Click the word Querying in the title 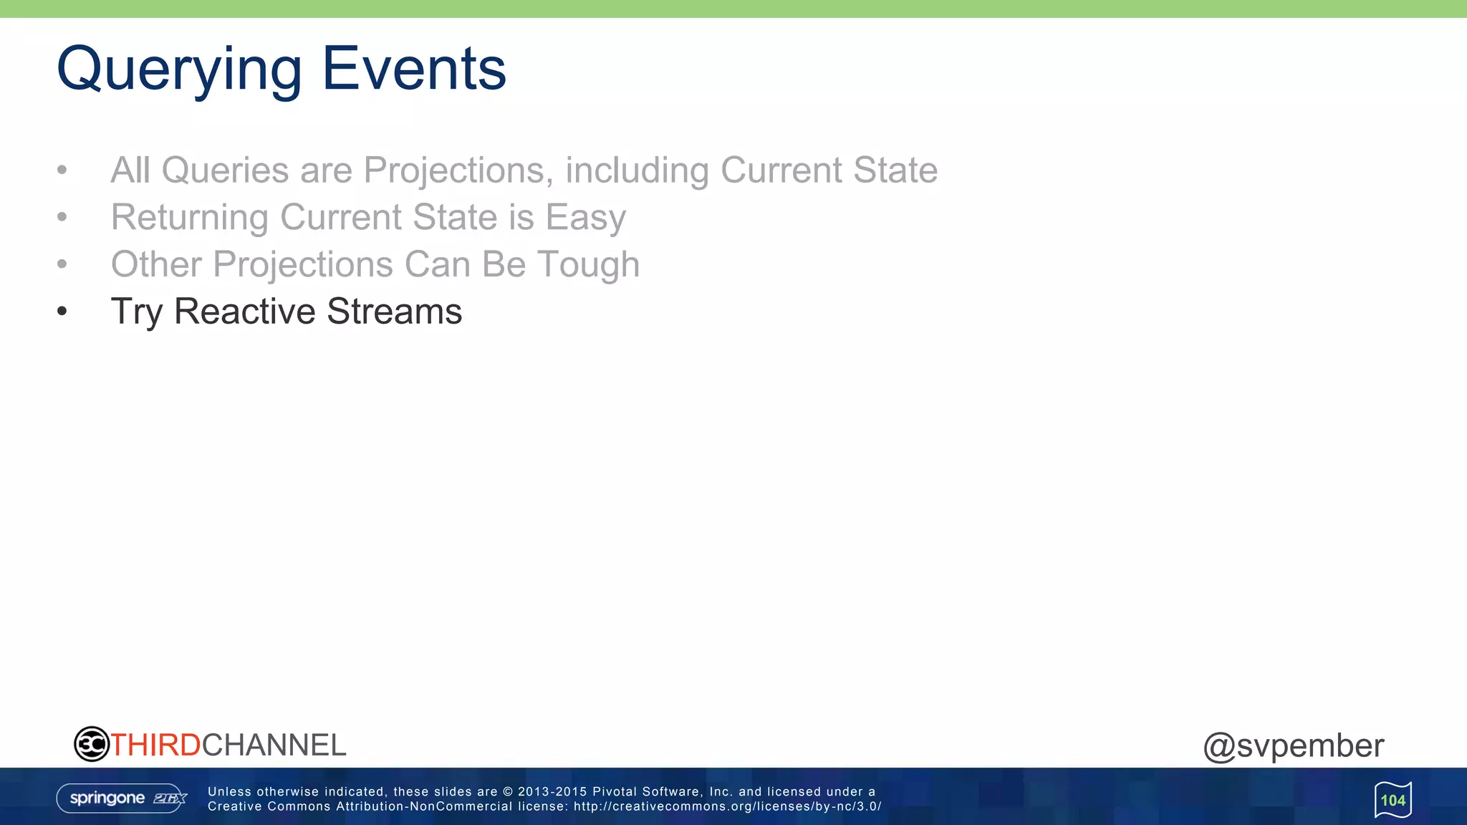[x=179, y=69]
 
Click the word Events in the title [x=414, y=69]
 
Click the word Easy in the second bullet [x=585, y=218]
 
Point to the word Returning [x=189, y=218]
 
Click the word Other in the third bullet [x=156, y=264]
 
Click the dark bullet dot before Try [x=62, y=312]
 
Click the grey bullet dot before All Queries [x=62, y=170]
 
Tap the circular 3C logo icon [x=92, y=744]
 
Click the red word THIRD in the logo [x=155, y=746]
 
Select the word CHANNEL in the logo [x=274, y=746]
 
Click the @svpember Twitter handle [x=1293, y=746]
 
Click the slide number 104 [x=1393, y=800]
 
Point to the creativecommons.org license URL [x=727, y=806]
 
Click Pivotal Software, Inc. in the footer [x=662, y=791]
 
